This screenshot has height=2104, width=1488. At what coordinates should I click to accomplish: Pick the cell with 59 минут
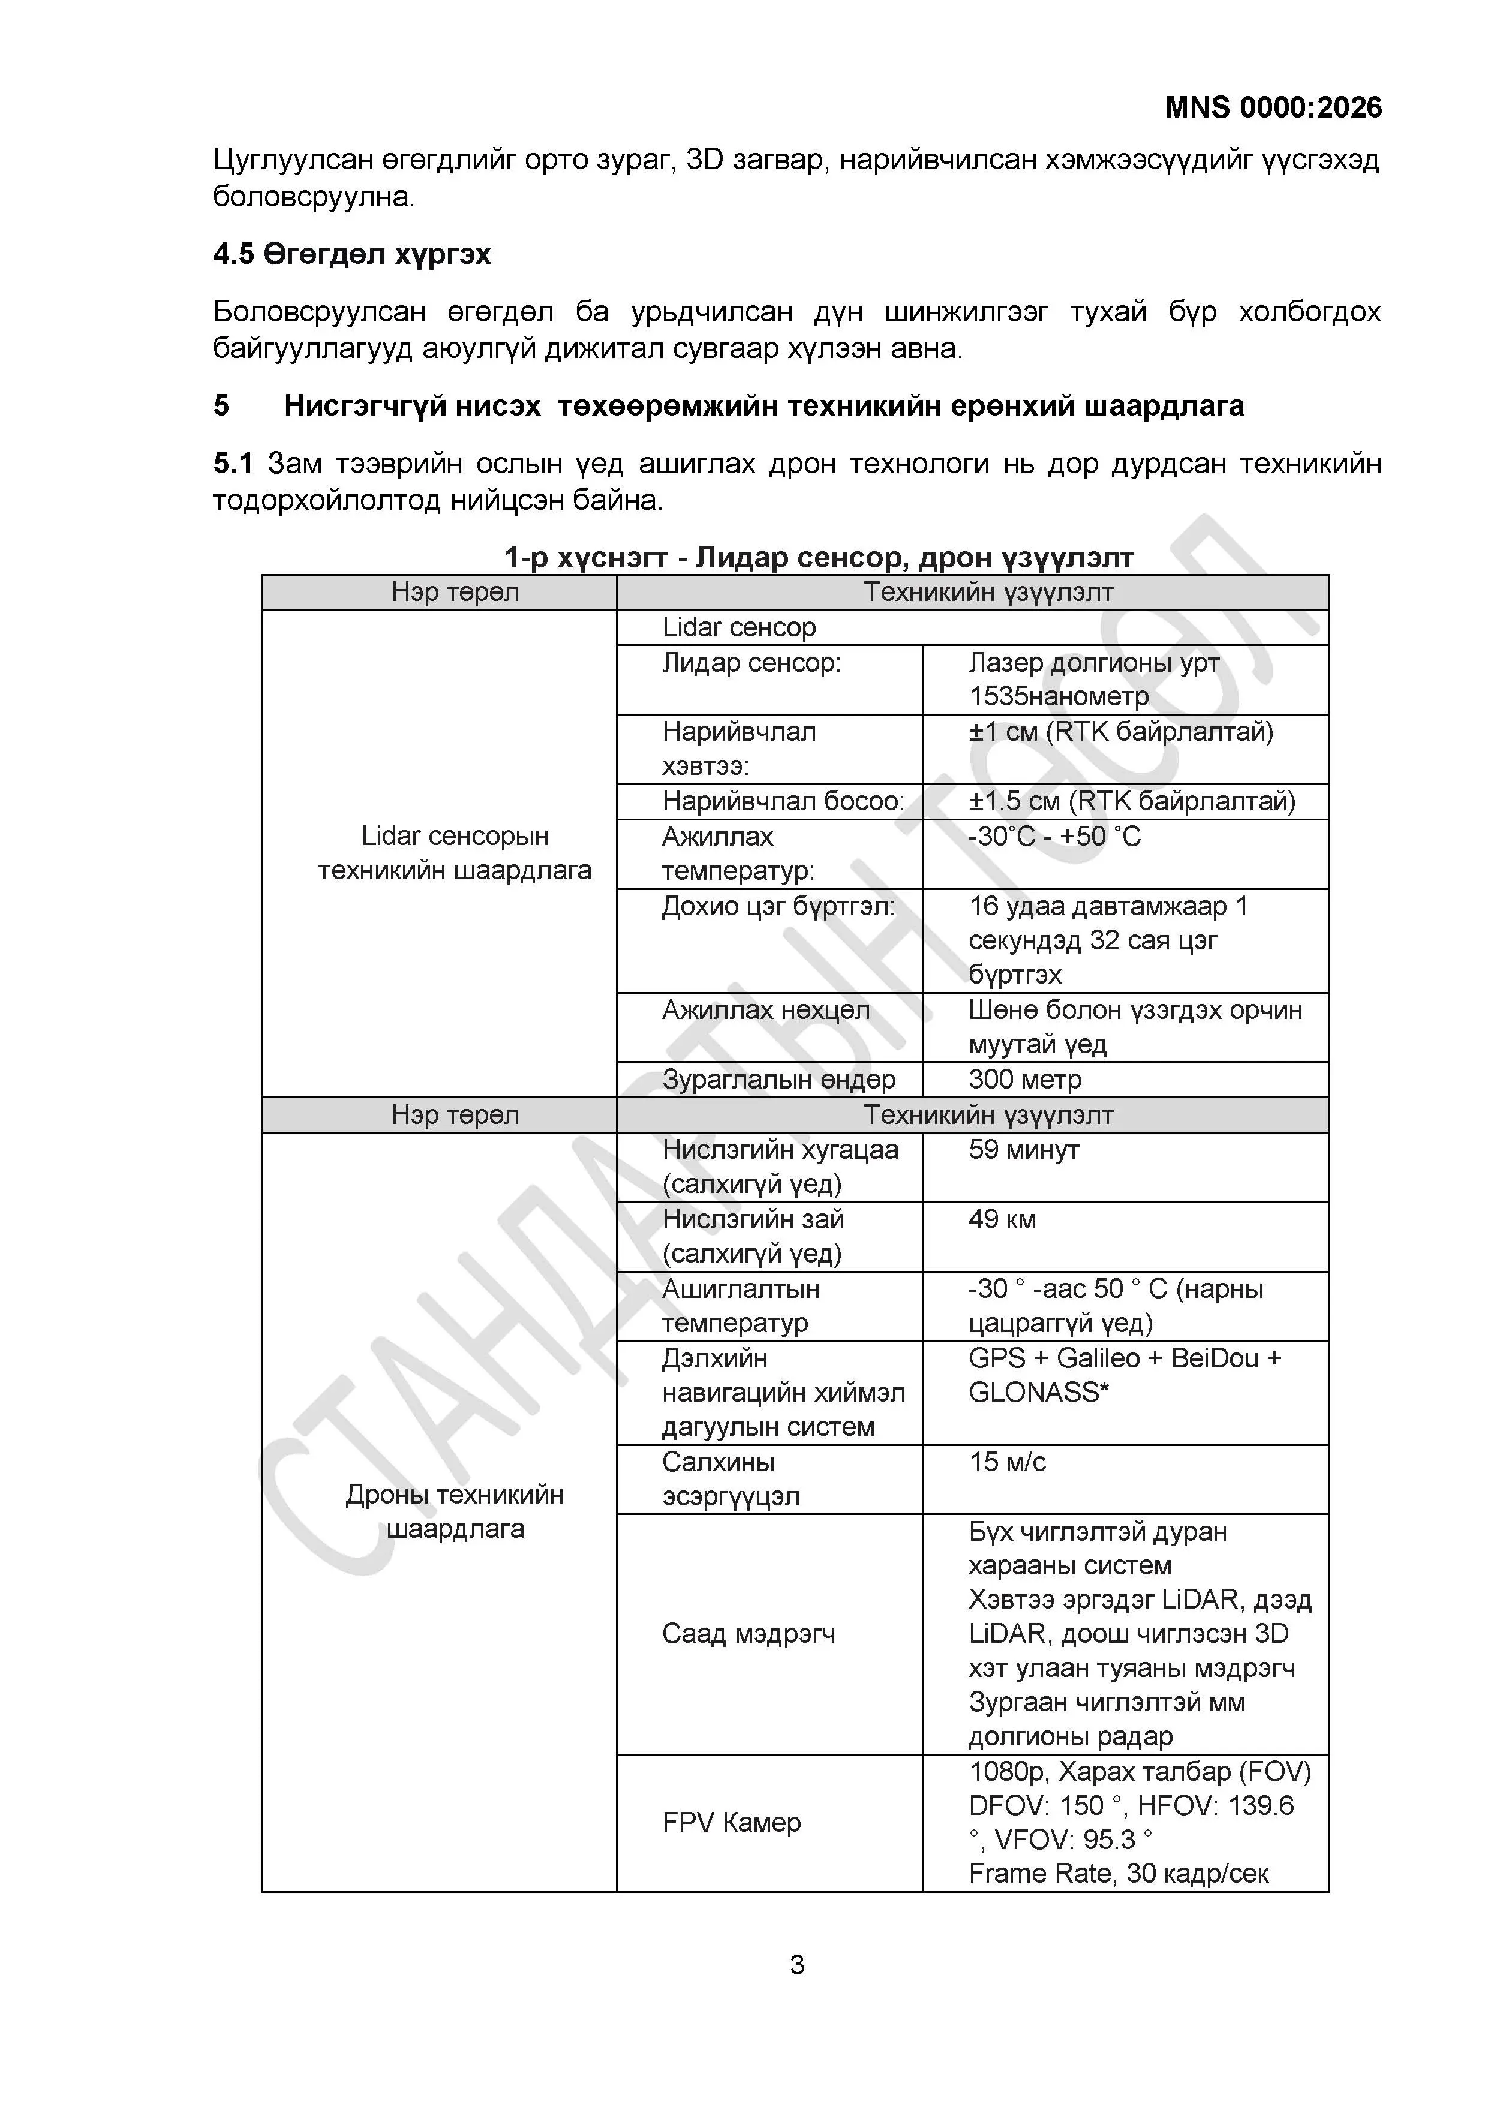click(x=1023, y=1149)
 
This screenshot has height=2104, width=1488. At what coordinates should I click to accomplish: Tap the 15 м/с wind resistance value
click(x=1007, y=1462)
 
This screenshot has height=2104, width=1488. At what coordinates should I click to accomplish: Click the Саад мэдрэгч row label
click(x=748, y=1634)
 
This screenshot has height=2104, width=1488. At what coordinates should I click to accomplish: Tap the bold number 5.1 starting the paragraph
click(x=233, y=463)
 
